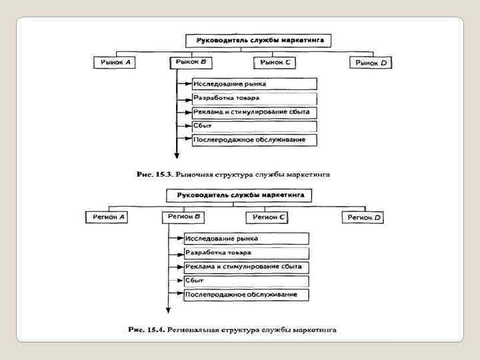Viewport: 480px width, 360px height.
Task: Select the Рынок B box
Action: coord(191,62)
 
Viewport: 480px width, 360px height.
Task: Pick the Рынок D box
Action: coord(371,62)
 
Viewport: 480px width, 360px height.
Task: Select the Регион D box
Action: coord(364,217)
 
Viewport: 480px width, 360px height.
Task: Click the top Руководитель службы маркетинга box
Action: coord(260,40)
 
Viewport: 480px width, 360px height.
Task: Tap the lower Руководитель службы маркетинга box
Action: coord(241,195)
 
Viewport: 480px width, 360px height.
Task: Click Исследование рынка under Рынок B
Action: coord(254,84)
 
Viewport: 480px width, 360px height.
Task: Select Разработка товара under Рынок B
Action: coord(254,98)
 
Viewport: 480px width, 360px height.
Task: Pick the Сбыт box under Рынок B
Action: coord(254,126)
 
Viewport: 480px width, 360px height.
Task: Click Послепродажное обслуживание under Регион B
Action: coord(246,295)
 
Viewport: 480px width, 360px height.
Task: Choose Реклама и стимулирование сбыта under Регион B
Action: coord(246,267)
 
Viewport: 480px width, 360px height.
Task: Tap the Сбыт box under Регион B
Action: coord(246,281)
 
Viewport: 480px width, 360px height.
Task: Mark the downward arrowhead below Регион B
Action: coord(168,311)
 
